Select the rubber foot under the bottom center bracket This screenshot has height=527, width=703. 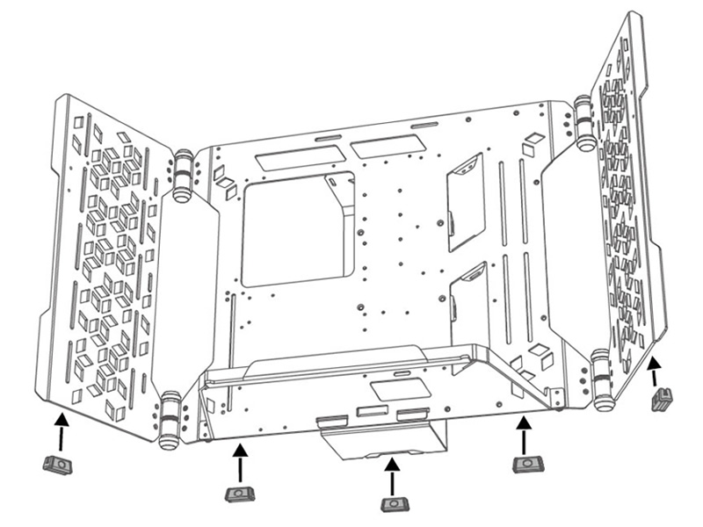click(x=391, y=503)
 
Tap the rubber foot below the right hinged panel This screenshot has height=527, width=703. click(x=661, y=400)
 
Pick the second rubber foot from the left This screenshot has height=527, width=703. click(x=239, y=494)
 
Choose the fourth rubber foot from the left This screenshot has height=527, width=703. click(x=525, y=463)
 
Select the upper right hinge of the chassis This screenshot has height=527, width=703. click(x=583, y=122)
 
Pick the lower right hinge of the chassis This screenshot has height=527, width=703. click(x=603, y=379)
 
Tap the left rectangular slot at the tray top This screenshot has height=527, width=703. click(x=301, y=158)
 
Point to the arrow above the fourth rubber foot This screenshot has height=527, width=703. click(x=524, y=433)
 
